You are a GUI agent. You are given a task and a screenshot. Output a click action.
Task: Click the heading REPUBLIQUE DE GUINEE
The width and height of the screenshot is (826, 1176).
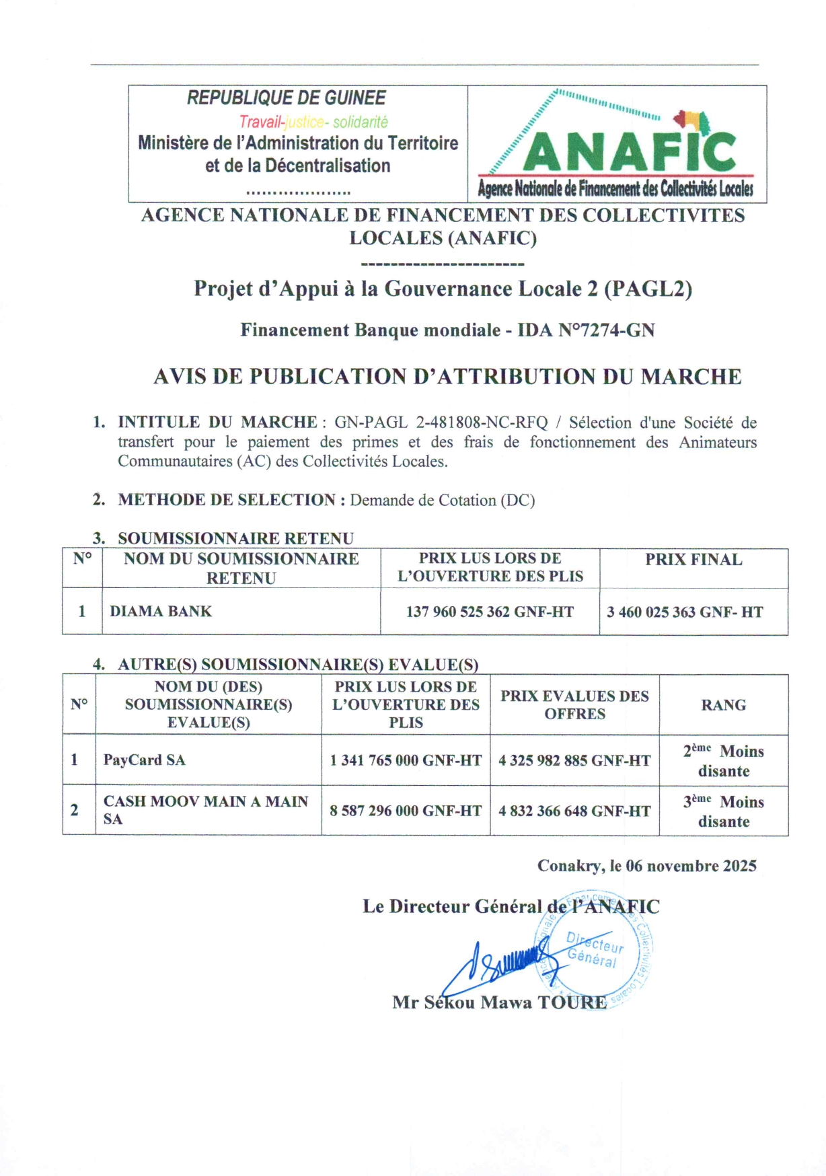click(286, 98)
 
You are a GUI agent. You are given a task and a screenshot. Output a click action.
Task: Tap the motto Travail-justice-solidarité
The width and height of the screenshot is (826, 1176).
click(313, 122)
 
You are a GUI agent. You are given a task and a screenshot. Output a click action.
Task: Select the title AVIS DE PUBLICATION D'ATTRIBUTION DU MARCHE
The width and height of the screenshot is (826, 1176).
click(447, 377)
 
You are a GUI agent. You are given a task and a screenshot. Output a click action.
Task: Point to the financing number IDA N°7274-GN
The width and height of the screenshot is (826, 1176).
click(586, 330)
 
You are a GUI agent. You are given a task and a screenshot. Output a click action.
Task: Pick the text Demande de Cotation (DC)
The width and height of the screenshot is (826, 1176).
click(442, 501)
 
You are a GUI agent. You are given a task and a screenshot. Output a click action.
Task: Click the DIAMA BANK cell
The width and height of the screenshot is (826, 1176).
click(161, 612)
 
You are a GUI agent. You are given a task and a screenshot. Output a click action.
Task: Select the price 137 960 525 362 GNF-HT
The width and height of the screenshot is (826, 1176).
click(490, 612)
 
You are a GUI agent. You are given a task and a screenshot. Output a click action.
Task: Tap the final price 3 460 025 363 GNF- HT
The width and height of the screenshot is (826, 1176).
click(685, 612)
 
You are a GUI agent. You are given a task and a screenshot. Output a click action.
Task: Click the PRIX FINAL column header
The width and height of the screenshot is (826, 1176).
click(693, 560)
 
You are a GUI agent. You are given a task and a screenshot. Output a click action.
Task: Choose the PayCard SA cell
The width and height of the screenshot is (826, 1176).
click(144, 760)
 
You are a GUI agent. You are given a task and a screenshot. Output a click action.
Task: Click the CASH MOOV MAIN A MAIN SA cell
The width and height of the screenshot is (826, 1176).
click(205, 810)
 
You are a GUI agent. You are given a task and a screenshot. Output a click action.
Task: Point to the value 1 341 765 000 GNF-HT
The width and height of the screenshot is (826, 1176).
click(406, 761)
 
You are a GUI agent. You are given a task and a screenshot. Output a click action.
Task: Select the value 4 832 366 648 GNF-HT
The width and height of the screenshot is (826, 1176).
click(574, 811)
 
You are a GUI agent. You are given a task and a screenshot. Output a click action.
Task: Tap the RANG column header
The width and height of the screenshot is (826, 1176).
click(723, 705)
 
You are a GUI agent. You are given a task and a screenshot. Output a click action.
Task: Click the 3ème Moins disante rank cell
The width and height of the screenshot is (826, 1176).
click(724, 811)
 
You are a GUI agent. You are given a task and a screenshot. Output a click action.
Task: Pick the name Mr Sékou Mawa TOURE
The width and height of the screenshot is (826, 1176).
click(499, 1003)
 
